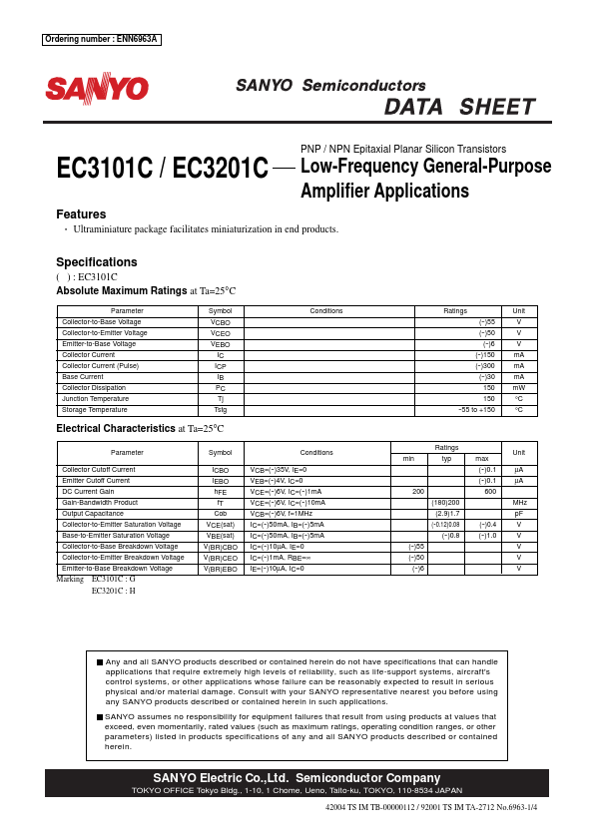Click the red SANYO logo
(x=97, y=89)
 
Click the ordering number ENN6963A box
(x=101, y=40)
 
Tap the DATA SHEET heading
(x=459, y=107)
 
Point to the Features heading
(x=81, y=214)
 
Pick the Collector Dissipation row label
(x=94, y=387)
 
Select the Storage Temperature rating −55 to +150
(x=475, y=409)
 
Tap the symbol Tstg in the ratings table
(x=220, y=409)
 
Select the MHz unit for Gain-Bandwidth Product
(x=518, y=502)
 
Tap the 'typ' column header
(x=445, y=458)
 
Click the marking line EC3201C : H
(x=113, y=591)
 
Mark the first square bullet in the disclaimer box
(x=100, y=662)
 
